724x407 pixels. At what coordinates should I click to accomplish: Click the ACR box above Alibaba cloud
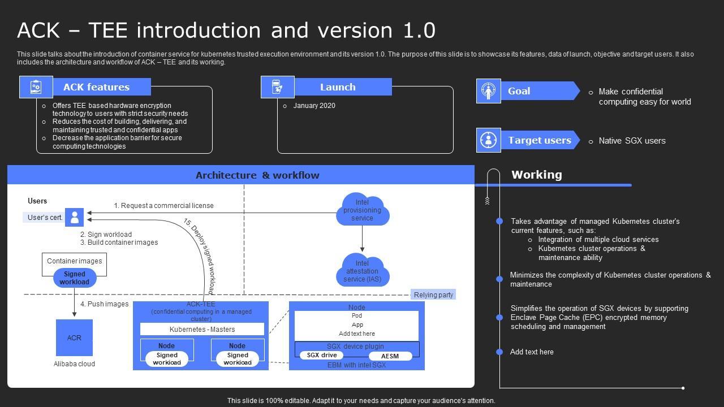click(x=74, y=337)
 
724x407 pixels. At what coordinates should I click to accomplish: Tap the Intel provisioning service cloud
click(x=362, y=210)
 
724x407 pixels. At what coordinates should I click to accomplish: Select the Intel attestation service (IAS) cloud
click(x=362, y=271)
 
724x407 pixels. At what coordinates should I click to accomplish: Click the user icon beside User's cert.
click(x=74, y=217)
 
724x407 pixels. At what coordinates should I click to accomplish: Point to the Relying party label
click(x=433, y=295)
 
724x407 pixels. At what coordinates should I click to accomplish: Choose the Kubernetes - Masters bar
click(x=202, y=329)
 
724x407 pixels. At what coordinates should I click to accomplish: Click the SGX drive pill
click(x=321, y=356)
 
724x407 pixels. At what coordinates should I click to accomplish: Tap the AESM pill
click(x=390, y=356)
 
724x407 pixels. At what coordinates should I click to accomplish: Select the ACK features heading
click(x=96, y=87)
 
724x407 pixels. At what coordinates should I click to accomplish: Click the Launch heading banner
click(x=338, y=87)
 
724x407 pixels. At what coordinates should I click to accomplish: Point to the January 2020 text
click(x=314, y=106)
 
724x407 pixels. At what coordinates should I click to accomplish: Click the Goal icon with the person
click(x=488, y=91)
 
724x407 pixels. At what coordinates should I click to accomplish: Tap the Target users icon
click(x=488, y=140)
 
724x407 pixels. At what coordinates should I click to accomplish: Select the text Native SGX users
click(x=632, y=141)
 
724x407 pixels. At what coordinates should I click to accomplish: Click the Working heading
click(x=536, y=175)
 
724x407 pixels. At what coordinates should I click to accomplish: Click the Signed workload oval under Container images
click(x=75, y=278)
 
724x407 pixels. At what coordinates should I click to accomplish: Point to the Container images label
click(x=74, y=261)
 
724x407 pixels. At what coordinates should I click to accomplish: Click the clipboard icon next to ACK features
click(x=36, y=87)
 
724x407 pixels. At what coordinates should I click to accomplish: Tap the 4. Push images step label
click(x=104, y=304)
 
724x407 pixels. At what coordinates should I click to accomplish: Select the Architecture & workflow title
click(x=257, y=175)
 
